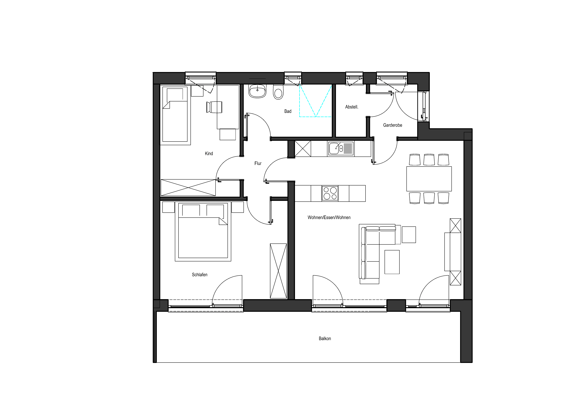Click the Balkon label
click(325, 339)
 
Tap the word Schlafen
click(200, 275)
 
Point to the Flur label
click(258, 163)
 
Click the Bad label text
click(288, 111)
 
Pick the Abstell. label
click(352, 107)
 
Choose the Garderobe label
click(393, 125)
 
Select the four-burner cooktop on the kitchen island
click(330, 193)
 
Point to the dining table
click(429, 179)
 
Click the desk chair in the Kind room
click(214, 107)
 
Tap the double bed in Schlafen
click(203, 231)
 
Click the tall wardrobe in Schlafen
click(278, 271)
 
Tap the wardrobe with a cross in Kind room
click(188, 188)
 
